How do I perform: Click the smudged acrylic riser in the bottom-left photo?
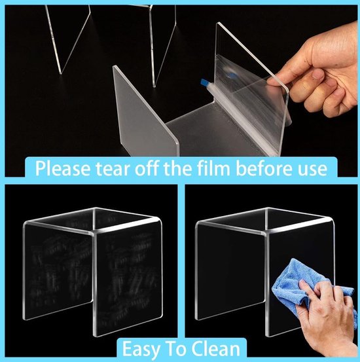92,268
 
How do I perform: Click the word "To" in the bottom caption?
178,347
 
